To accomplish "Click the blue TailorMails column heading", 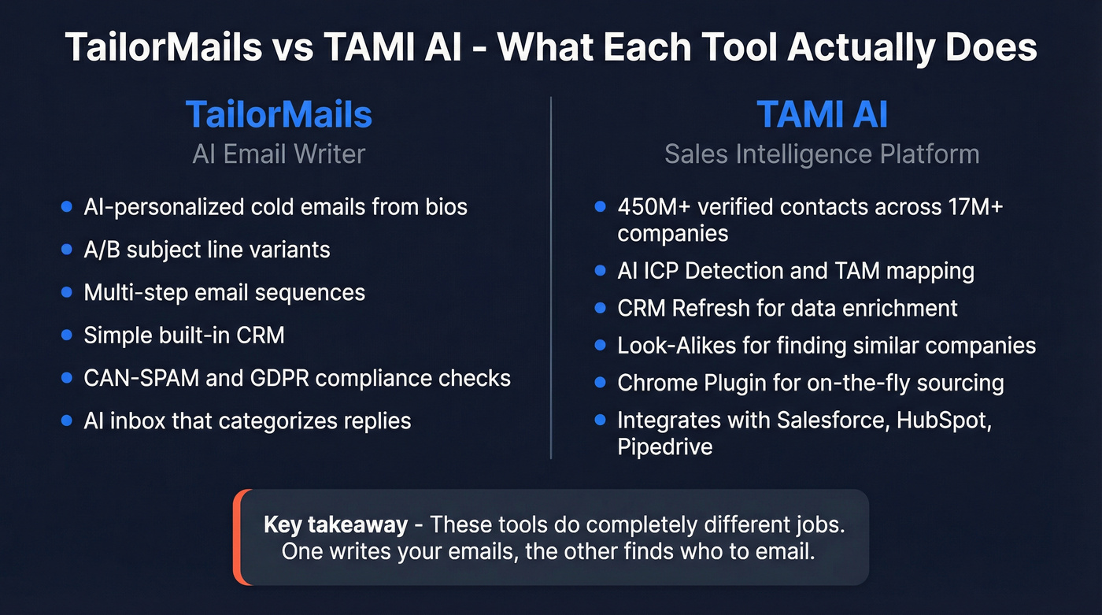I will click(x=279, y=115).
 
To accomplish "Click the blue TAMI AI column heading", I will click(x=822, y=115).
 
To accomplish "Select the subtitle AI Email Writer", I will click(x=279, y=154).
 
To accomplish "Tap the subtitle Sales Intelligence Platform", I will click(x=822, y=154).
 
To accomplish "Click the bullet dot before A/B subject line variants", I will click(x=67, y=250).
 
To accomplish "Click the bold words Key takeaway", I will click(x=335, y=524).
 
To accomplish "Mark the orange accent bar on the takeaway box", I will click(x=239, y=537).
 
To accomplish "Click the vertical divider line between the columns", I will click(x=551, y=276).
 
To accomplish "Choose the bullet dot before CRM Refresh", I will click(x=601, y=307).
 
